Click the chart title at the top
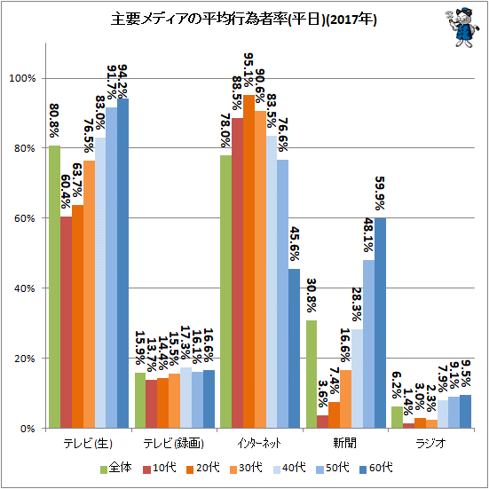[x=243, y=20]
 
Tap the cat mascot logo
[x=461, y=27]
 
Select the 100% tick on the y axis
[x=22, y=78]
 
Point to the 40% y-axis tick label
[x=24, y=288]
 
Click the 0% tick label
[x=27, y=429]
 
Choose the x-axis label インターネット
[x=259, y=443]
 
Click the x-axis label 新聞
[x=344, y=443]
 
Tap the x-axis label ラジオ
[x=430, y=443]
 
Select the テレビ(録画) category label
[x=173, y=443]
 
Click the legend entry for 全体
[x=116, y=468]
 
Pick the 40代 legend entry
[x=289, y=468]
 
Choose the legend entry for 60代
[x=375, y=468]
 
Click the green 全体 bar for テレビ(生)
[x=55, y=287]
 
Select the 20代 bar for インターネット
[x=248, y=262]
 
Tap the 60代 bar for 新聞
[x=380, y=323]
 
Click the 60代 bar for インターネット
[x=294, y=349]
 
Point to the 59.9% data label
[x=380, y=193]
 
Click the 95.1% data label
[x=248, y=70]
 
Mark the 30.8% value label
[x=311, y=295]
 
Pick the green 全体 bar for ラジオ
[x=397, y=417]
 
